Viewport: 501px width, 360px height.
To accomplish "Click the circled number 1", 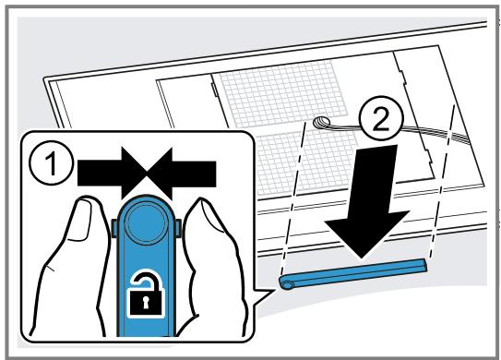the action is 51,163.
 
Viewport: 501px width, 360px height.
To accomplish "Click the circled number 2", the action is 381,118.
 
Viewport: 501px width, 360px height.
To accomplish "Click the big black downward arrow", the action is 367,199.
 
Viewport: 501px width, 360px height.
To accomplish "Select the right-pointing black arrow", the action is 112,174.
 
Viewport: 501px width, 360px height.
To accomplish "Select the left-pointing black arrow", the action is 181,174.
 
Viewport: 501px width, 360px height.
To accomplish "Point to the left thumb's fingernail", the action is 80,221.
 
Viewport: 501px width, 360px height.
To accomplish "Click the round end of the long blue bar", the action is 287,284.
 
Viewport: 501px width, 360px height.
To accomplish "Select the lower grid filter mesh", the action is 308,163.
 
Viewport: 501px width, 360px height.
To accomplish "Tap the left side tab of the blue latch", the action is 114,228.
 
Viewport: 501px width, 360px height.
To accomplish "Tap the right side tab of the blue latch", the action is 179,228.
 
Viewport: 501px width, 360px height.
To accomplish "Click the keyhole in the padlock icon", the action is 146,303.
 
